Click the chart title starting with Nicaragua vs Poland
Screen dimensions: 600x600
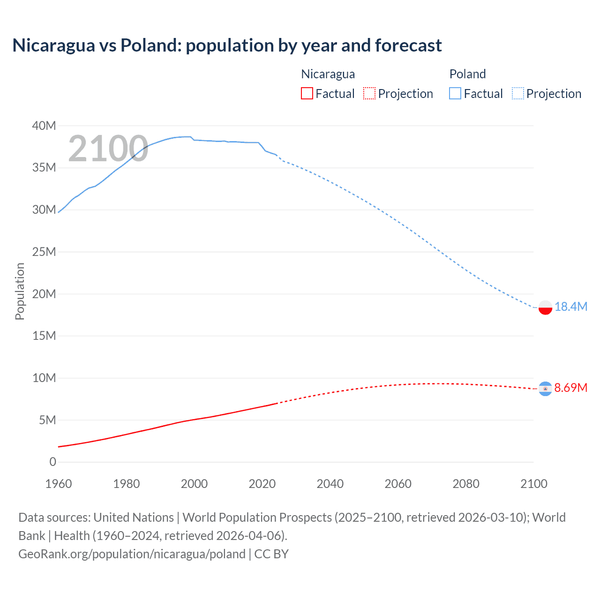pyautogui.click(x=227, y=45)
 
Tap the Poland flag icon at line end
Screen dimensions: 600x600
pyautogui.click(x=545, y=307)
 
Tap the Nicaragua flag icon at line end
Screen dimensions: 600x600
pyautogui.click(x=545, y=389)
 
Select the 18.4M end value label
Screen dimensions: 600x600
pyautogui.click(x=571, y=307)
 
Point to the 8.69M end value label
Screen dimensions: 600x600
pyautogui.click(x=571, y=388)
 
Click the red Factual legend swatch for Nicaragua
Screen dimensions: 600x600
pyautogui.click(x=307, y=94)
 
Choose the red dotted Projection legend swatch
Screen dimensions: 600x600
pyautogui.click(x=369, y=94)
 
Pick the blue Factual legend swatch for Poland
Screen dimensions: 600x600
pyautogui.click(x=455, y=94)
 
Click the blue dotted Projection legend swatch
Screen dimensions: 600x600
pyautogui.click(x=518, y=94)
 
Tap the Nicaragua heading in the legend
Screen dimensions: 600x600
pyautogui.click(x=328, y=74)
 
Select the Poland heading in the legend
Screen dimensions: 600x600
pyautogui.click(x=467, y=74)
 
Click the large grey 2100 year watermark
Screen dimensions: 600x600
pyautogui.click(x=108, y=149)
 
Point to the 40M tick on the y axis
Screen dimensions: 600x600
pyautogui.click(x=44, y=126)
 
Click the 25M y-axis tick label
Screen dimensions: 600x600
pyautogui.click(x=44, y=252)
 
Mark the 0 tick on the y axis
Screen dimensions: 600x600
pyautogui.click(x=52, y=462)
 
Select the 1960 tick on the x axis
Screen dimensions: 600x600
pyautogui.click(x=59, y=484)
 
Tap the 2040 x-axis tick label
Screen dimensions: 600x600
pyautogui.click(x=330, y=484)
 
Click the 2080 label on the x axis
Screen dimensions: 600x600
pyautogui.click(x=466, y=484)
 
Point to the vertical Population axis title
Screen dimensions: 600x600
pyautogui.click(x=20, y=291)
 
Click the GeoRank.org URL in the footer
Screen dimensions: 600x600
pyautogui.click(x=132, y=554)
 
